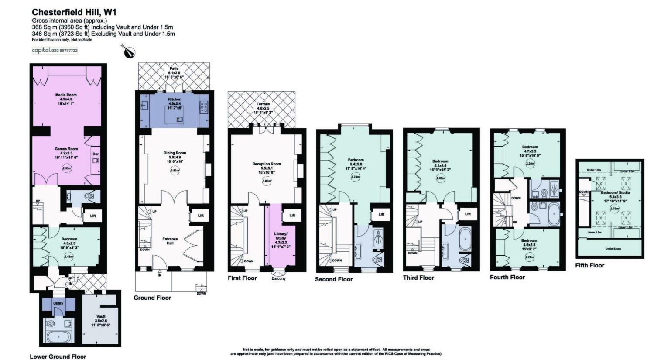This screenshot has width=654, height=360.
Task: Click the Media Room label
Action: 66,95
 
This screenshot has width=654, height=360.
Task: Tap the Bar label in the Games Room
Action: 95,154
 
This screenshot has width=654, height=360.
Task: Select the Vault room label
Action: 101,316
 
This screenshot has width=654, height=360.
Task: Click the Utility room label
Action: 58,303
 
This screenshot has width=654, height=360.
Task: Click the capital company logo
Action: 55,50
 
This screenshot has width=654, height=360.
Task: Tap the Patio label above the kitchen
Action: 174,69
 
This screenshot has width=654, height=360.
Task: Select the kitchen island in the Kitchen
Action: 174,116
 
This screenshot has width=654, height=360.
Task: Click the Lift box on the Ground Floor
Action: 200,216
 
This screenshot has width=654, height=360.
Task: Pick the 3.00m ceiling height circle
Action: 266,181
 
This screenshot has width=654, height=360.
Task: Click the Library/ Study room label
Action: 281,236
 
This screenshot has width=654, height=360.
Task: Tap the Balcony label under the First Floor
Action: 278,278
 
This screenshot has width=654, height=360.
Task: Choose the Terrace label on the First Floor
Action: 263,104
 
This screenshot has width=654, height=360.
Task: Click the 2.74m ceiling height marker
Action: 356,177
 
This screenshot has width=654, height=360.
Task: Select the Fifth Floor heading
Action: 589,265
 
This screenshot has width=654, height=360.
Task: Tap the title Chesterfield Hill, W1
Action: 74,12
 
